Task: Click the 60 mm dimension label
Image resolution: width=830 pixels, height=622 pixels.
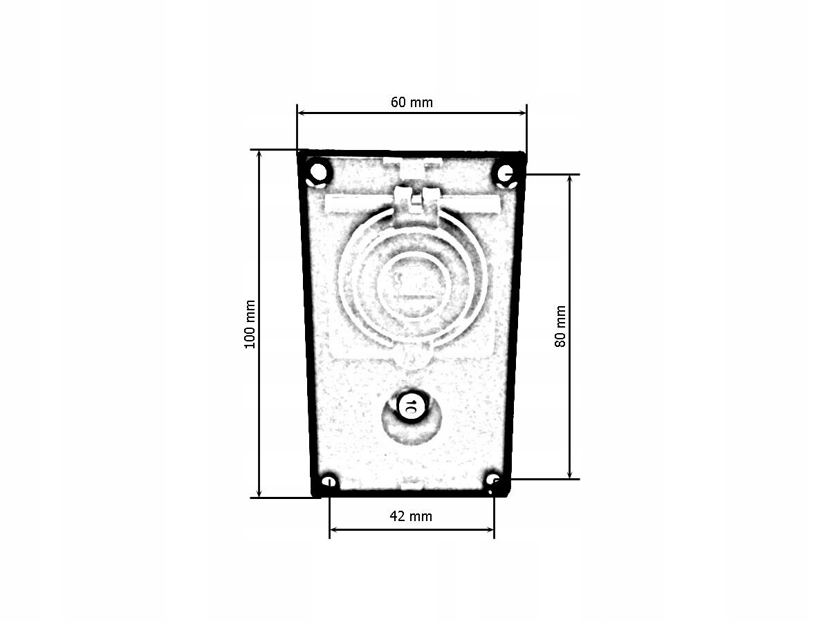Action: pos(412,102)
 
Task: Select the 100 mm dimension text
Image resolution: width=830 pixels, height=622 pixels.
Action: pos(250,324)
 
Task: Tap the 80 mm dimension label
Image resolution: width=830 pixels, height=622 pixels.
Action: pos(560,326)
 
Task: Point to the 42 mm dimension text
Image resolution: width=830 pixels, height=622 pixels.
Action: pos(411,516)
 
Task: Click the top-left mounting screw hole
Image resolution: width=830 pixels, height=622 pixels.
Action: pos(318,172)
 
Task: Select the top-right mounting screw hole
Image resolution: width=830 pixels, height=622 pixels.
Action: pos(505,173)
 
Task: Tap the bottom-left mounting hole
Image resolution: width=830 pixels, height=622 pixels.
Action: pos(329,482)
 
